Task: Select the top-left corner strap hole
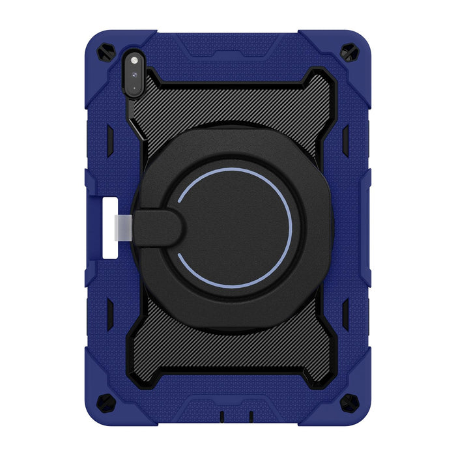pos(106,53)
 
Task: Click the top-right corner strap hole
pos(349,53)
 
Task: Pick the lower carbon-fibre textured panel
pos(228,345)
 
